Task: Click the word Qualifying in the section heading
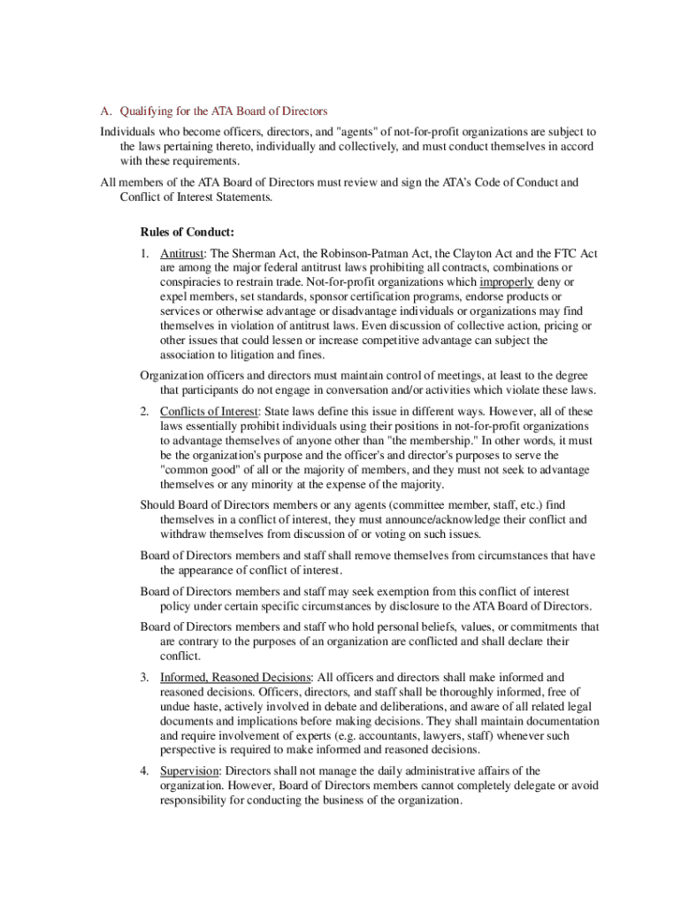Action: pyautogui.click(x=147, y=111)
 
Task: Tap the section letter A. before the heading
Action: pyautogui.click(x=105, y=111)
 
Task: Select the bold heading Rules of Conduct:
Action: pyautogui.click(x=187, y=233)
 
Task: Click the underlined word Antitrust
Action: pyautogui.click(x=182, y=254)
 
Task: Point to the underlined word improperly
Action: pyautogui.click(x=506, y=282)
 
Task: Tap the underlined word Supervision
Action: pyautogui.click(x=188, y=772)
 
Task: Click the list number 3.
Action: pyautogui.click(x=143, y=679)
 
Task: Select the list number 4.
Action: pyautogui.click(x=143, y=772)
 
